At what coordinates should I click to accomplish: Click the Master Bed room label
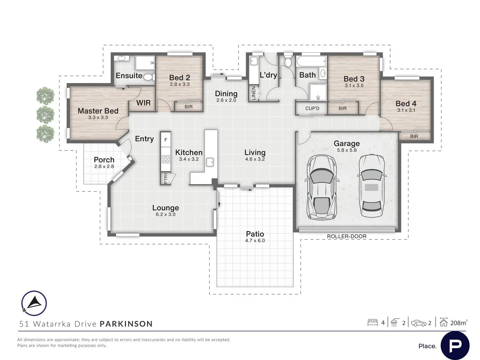pyautogui.click(x=98, y=111)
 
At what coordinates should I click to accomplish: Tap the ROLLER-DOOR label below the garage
pyautogui.click(x=346, y=236)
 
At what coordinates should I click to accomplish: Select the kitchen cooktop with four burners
pyautogui.click(x=166, y=159)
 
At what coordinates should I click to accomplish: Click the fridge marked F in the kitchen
pyautogui.click(x=166, y=140)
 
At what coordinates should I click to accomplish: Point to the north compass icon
pyautogui.click(x=34, y=303)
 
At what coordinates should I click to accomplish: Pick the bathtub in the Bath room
pyautogui.click(x=311, y=61)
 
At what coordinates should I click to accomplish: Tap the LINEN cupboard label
pyautogui.click(x=253, y=93)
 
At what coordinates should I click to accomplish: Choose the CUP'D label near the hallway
pyautogui.click(x=312, y=108)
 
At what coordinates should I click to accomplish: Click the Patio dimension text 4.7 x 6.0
pyautogui.click(x=255, y=240)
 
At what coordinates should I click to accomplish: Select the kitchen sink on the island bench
pyautogui.click(x=210, y=162)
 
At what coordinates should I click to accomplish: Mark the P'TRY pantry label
pyautogui.click(x=166, y=178)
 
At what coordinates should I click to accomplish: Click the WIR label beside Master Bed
pyautogui.click(x=143, y=103)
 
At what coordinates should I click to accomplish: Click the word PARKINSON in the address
pyautogui.click(x=126, y=324)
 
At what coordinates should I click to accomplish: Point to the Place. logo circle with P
pyautogui.click(x=455, y=346)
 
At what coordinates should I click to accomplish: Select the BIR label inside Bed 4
pyautogui.click(x=414, y=136)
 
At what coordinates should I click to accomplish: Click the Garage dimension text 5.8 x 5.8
pyautogui.click(x=347, y=150)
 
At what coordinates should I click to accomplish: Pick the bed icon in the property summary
pyautogui.click(x=373, y=322)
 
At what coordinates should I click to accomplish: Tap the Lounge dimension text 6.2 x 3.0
pyautogui.click(x=166, y=214)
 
